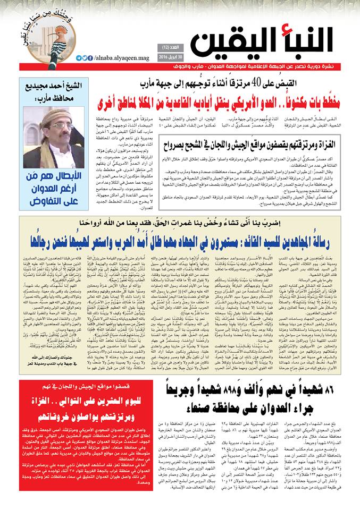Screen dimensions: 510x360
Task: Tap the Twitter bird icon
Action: click(x=85, y=58)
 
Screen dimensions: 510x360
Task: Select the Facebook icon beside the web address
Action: click(x=90, y=58)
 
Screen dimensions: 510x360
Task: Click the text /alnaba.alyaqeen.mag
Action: click(x=115, y=58)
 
